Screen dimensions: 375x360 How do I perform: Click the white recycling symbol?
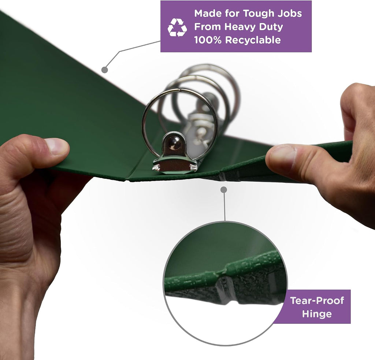pyautogui.click(x=177, y=27)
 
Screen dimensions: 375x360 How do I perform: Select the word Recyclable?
pyautogui.click(x=253, y=40)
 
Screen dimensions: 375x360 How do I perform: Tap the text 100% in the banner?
pyautogui.click(x=208, y=40)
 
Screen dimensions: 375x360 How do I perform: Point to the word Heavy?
pyautogui.click(x=240, y=27)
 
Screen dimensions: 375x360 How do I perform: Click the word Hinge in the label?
pyautogui.click(x=317, y=314)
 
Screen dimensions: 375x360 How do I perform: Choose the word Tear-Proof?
pyautogui.click(x=317, y=300)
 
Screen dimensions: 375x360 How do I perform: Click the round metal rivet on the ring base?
pyautogui.click(x=174, y=143)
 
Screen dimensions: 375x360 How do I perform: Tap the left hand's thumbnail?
pyautogui.click(x=56, y=146)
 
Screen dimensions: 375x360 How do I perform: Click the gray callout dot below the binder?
pyautogui.click(x=224, y=190)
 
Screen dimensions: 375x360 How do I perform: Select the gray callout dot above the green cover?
pyautogui.click(x=104, y=70)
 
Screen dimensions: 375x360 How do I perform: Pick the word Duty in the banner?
pyautogui.click(x=271, y=27)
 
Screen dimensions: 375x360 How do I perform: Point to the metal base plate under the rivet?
pyautogui.click(x=175, y=166)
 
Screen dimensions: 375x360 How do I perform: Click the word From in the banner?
pyautogui.click(x=208, y=27)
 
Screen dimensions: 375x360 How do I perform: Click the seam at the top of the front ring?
pyautogui.click(x=179, y=90)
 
